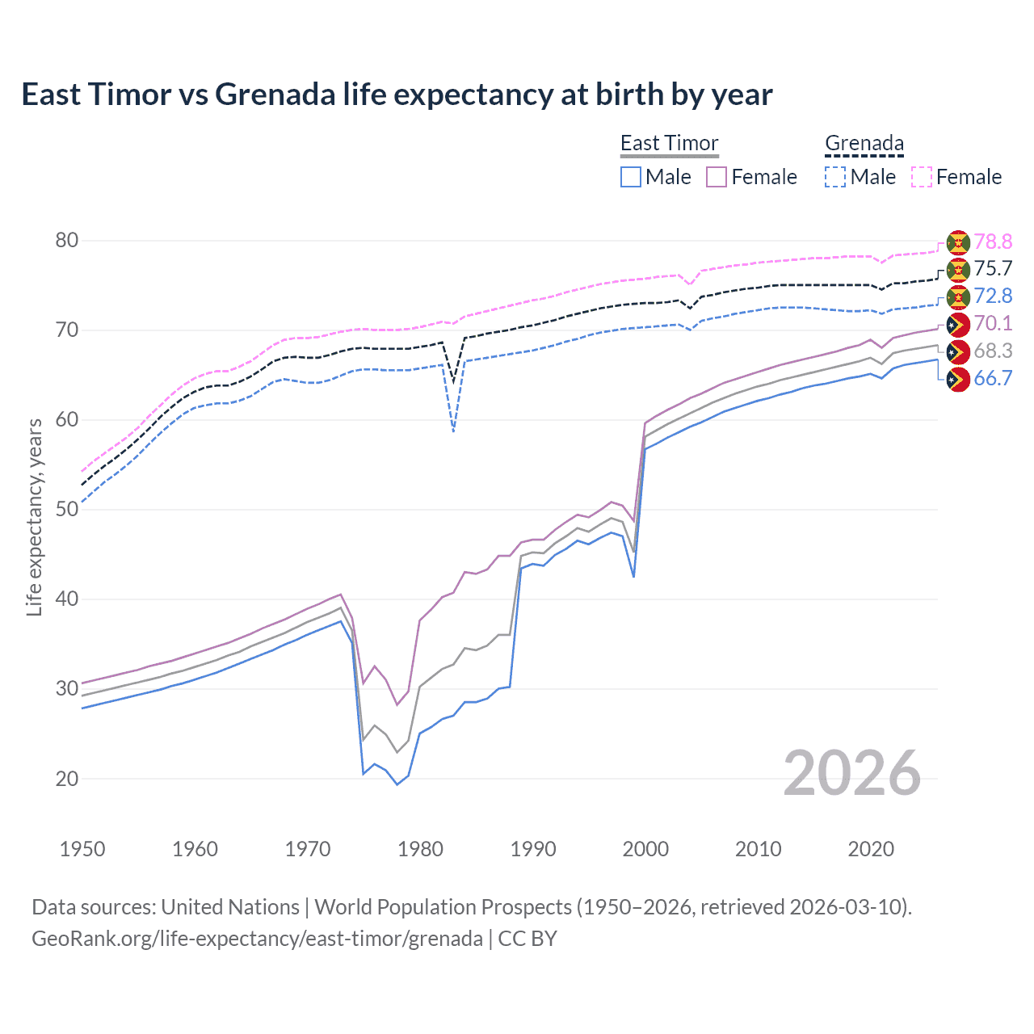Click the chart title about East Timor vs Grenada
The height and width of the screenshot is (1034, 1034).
click(x=397, y=95)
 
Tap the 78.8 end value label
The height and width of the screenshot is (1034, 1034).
click(x=993, y=242)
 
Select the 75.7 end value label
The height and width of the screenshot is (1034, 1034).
click(x=993, y=269)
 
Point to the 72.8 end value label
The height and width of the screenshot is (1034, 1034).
click(x=993, y=296)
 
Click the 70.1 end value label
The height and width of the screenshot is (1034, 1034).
click(x=993, y=324)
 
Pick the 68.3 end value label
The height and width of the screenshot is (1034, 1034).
click(x=993, y=351)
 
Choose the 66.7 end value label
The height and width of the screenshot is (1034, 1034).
click(x=993, y=379)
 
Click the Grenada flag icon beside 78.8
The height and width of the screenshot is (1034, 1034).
click(x=958, y=242)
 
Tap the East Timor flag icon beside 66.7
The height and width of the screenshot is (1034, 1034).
click(x=958, y=379)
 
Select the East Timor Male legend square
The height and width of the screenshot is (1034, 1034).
click(x=631, y=177)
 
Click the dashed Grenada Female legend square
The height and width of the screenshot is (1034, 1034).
click(x=922, y=177)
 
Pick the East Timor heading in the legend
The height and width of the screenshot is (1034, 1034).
click(x=669, y=143)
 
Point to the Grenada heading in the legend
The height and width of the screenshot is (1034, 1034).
click(x=864, y=143)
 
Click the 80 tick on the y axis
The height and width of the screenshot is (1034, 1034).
click(x=67, y=241)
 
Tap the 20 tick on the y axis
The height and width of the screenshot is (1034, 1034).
click(x=67, y=779)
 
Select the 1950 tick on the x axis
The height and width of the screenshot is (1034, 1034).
click(x=82, y=849)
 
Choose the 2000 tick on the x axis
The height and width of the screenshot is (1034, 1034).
click(x=645, y=849)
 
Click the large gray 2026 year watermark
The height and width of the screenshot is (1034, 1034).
click(x=851, y=773)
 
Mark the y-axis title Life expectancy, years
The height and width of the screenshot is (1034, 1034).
click(x=34, y=517)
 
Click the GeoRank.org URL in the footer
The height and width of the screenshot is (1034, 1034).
click(x=257, y=939)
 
